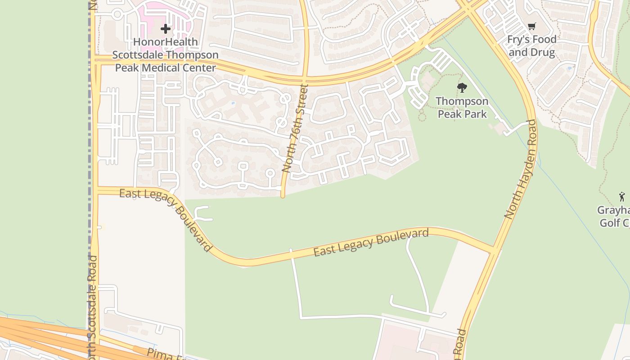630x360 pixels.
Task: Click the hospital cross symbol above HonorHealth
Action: point(166,29)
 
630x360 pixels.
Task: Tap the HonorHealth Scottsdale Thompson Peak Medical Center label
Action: point(166,55)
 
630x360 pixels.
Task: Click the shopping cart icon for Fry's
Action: point(532,27)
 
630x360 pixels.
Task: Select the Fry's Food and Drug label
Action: point(532,45)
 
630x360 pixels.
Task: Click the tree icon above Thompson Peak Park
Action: point(462,88)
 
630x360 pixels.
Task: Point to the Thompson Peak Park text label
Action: point(462,108)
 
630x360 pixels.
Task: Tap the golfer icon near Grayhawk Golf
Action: point(622,197)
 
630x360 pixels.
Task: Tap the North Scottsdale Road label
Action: point(92,306)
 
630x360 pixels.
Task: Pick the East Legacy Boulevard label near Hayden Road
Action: point(371,243)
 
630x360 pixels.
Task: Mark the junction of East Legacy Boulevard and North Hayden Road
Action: point(494,250)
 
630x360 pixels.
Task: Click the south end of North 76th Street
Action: point(283,195)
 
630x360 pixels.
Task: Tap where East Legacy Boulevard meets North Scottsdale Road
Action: point(96,191)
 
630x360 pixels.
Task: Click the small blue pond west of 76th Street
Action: point(233,103)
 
